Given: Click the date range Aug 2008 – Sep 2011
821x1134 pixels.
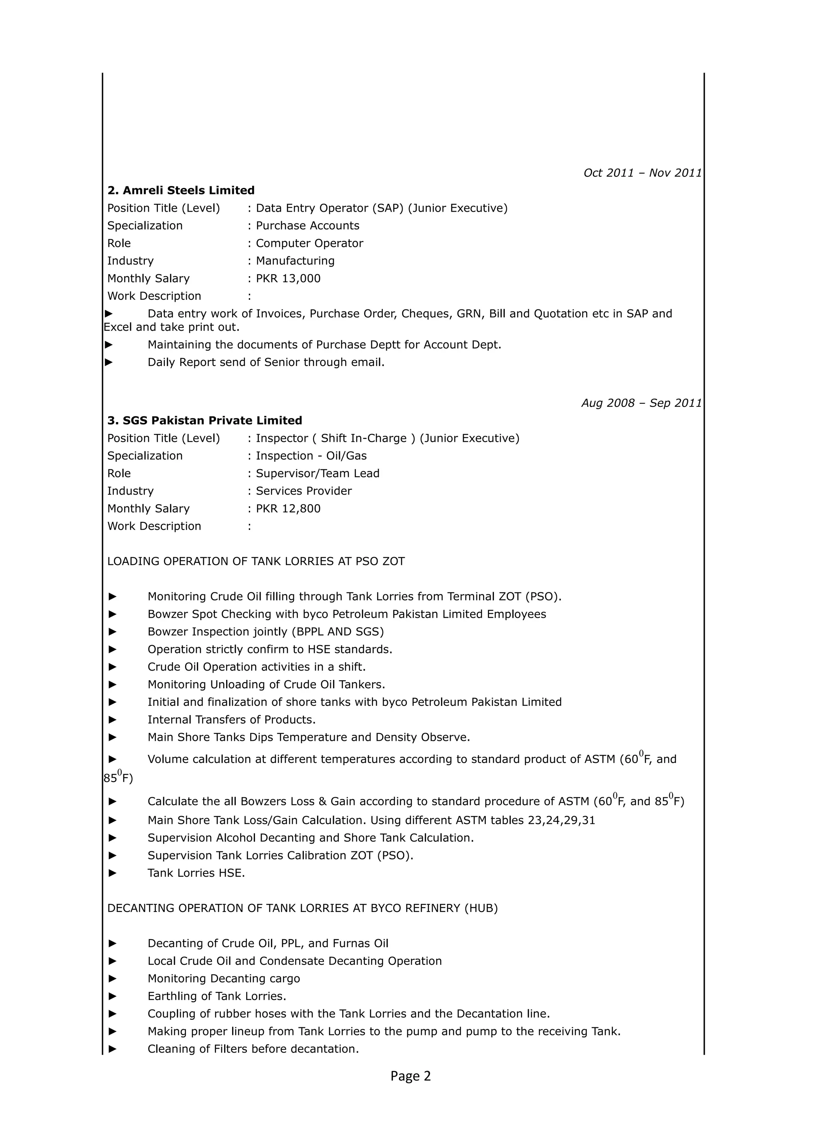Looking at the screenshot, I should (x=641, y=403).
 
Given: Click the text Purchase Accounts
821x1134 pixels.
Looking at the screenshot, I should (x=307, y=226).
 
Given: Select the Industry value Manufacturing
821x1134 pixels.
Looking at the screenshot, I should (x=295, y=261).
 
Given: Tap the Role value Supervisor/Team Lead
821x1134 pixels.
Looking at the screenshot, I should (x=317, y=473).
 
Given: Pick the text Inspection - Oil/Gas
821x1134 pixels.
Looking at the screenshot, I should (x=311, y=456).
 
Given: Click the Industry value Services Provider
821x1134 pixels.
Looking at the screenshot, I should (x=303, y=491).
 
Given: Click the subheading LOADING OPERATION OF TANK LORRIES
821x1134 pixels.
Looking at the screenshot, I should (x=255, y=562).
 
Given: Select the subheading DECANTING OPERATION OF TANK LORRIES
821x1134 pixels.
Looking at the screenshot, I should (x=302, y=908).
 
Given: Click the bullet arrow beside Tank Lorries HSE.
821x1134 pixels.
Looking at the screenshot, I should (x=113, y=873).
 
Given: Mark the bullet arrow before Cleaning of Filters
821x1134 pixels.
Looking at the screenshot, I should (x=113, y=1049).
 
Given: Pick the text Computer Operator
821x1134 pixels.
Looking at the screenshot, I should (x=309, y=243).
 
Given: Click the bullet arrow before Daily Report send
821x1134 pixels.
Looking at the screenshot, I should (x=109, y=362).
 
